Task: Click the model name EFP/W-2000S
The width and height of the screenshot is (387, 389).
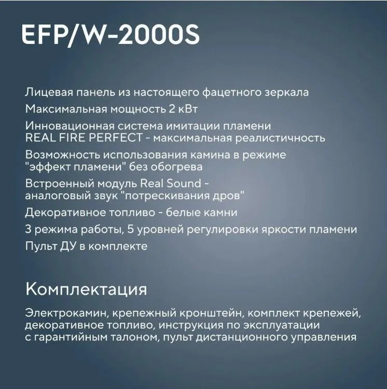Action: tap(110, 35)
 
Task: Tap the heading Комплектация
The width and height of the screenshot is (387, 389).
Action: tap(86, 289)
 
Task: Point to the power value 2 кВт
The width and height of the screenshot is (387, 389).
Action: tap(183, 109)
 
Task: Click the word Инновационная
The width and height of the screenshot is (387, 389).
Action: tap(70, 126)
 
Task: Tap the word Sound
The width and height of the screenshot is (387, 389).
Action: tap(184, 184)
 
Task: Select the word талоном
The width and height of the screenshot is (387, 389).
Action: tap(135, 338)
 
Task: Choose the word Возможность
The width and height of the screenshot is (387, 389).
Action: tap(63, 155)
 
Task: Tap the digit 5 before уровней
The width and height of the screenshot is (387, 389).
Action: tap(131, 229)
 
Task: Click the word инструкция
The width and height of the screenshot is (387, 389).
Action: tap(191, 325)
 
